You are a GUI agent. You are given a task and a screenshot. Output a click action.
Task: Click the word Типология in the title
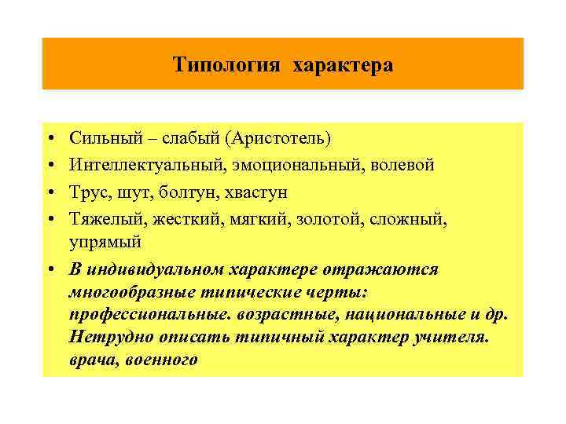(x=226, y=64)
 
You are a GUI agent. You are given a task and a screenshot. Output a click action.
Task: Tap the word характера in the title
(x=343, y=64)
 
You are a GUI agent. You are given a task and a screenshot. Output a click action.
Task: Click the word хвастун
(x=256, y=192)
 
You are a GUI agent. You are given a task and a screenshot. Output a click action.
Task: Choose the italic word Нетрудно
(x=108, y=338)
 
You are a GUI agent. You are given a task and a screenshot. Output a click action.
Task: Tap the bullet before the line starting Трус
(x=50, y=193)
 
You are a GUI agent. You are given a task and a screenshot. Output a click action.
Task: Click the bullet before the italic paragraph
(x=50, y=270)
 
